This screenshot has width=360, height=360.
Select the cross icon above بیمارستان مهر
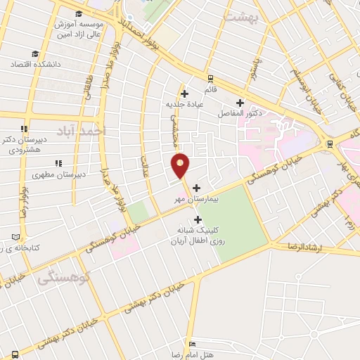click(x=196, y=188)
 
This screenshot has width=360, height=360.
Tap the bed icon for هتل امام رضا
click(x=193, y=345)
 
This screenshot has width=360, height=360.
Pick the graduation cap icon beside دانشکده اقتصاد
click(x=35, y=54)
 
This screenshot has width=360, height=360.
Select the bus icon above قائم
click(x=210, y=79)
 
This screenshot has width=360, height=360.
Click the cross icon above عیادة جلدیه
click(x=184, y=93)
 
